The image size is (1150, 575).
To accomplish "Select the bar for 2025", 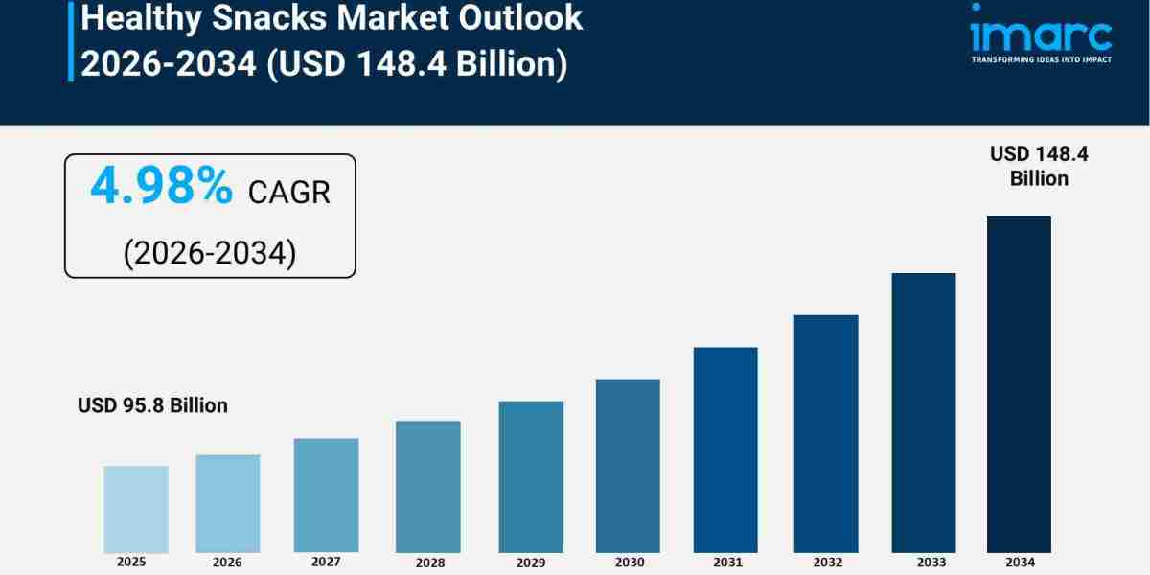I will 136,509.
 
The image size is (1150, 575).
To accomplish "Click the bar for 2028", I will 427,486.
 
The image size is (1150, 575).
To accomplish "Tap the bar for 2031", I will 725,449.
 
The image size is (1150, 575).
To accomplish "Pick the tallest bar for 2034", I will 1019,383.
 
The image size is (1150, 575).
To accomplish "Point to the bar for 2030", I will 628,466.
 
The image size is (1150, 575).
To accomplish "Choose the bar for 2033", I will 923,412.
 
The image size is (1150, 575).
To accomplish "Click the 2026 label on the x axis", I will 227,563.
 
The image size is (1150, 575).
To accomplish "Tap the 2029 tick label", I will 530,563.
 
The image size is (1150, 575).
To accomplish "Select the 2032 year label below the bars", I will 826,563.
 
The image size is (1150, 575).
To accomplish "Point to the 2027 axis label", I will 327,562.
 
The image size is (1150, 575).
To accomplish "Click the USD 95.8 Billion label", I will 152,405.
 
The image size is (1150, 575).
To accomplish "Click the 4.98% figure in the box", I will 161,187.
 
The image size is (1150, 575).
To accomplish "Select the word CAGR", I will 288,193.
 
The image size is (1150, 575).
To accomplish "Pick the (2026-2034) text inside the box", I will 210,252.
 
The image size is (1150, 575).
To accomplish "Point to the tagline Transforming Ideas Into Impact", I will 1041,59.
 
